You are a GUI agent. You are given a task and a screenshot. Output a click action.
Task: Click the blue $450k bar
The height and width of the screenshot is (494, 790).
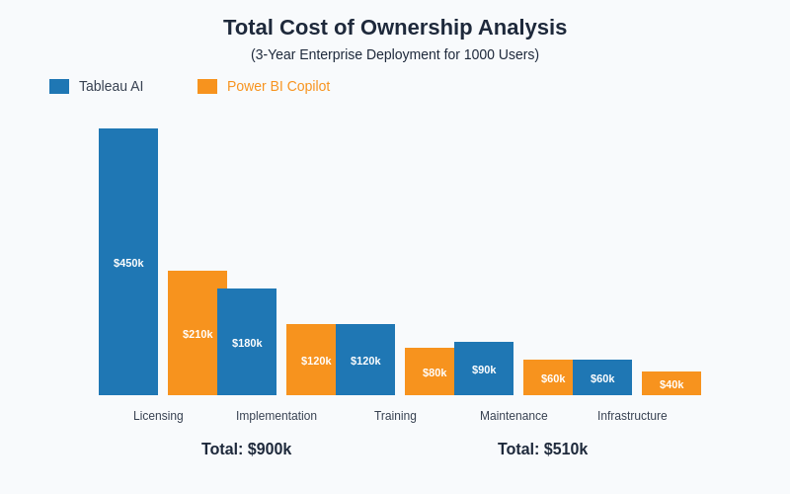[x=128, y=262]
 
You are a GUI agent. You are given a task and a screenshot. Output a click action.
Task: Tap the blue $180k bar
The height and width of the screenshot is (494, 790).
[x=247, y=342]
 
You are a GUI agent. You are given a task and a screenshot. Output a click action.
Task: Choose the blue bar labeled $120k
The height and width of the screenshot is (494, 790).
[x=365, y=360]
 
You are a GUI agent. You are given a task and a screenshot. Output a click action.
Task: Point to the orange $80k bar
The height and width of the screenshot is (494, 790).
[x=430, y=371]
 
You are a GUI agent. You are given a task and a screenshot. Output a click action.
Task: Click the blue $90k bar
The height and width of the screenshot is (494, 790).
[x=484, y=369]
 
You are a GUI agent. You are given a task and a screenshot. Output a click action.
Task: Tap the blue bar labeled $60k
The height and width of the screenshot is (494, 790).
[x=602, y=377]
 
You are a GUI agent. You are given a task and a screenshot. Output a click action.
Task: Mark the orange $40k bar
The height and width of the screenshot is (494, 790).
[x=671, y=383]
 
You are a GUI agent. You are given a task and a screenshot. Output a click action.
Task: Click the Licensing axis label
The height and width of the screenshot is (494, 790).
[x=158, y=416]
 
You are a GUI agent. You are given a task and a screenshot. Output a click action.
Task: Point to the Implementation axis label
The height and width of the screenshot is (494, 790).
[x=276, y=416]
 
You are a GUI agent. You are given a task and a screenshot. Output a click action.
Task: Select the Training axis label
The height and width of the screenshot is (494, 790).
[x=395, y=416]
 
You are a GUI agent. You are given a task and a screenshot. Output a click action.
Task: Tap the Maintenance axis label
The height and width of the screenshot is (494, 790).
[x=513, y=416]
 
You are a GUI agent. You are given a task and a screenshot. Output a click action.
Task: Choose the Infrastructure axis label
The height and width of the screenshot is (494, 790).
[x=632, y=416]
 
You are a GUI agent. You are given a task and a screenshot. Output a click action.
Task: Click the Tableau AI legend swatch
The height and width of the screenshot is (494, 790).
[x=59, y=86]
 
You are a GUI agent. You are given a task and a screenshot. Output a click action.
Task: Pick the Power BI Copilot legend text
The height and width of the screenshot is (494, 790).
[x=278, y=86]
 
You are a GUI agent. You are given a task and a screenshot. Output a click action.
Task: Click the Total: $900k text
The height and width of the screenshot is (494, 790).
[x=247, y=450]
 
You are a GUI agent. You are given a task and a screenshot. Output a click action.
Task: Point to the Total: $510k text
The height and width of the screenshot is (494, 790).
[x=543, y=450]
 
